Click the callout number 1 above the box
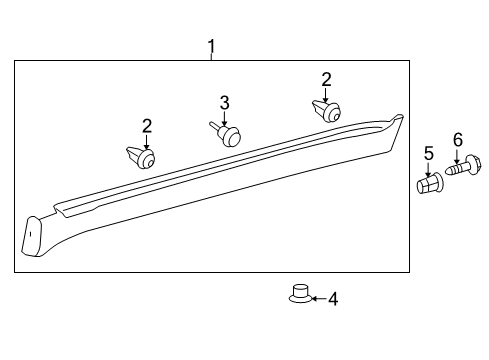tap(211, 46)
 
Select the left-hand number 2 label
tap(147, 125)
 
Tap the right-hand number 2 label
tap(326, 78)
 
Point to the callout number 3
tap(225, 102)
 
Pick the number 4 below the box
tap(333, 298)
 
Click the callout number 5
tap(428, 153)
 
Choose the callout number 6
tap(458, 140)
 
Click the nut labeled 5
tap(428, 185)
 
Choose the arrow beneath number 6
tap(459, 154)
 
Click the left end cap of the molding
tap(34, 235)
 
